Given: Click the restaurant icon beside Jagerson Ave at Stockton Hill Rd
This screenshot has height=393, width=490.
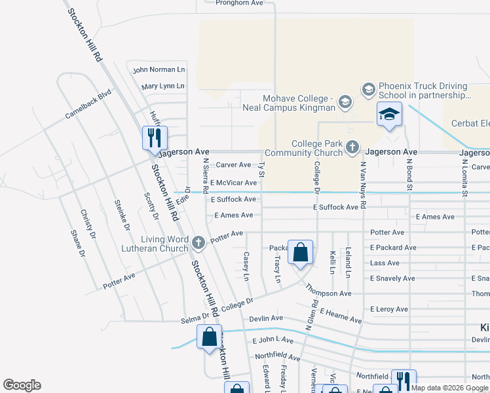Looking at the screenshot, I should click(x=155, y=138).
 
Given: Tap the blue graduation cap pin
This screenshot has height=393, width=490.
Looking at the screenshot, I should click(x=389, y=114).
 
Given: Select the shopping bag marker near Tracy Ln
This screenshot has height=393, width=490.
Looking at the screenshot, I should click(x=300, y=252).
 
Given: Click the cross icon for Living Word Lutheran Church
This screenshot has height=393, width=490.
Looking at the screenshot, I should click(x=199, y=243).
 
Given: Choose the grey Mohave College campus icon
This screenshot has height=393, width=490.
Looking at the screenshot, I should click(x=346, y=102).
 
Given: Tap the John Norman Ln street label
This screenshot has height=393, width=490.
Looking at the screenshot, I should click(x=159, y=69).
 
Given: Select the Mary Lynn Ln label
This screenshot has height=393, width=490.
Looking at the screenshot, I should click(x=162, y=86).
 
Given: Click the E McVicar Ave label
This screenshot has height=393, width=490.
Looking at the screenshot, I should click(x=233, y=183).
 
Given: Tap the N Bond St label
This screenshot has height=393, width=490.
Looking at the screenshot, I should click(x=409, y=174).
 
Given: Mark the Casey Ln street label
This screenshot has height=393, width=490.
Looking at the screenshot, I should click(x=247, y=267).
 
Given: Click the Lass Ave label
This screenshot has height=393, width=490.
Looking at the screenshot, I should click(x=385, y=263).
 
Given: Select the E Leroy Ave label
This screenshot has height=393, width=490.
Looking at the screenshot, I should click(x=389, y=309).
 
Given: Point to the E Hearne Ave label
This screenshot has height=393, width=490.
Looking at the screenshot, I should click(x=341, y=317).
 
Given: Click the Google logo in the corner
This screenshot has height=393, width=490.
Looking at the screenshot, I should click(x=22, y=385).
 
